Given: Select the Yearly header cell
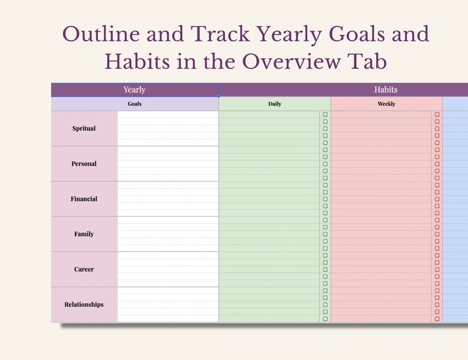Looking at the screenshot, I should pyautogui.click(x=134, y=90).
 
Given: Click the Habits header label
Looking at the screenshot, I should pyautogui.click(x=385, y=90).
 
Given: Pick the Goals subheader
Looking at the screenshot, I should pyautogui.click(x=134, y=104).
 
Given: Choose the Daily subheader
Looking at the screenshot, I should pyautogui.click(x=275, y=104).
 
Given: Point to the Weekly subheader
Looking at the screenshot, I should pyautogui.click(x=386, y=104).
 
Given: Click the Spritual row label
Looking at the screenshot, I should pyautogui.click(x=84, y=128).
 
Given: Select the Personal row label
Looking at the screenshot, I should pyautogui.click(x=84, y=164).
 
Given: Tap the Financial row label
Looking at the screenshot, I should pyautogui.click(x=84, y=199).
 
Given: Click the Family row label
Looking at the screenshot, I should pyautogui.click(x=84, y=234).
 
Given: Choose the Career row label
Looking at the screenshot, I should pyautogui.click(x=84, y=269).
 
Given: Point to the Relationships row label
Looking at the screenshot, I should pyautogui.click(x=84, y=305).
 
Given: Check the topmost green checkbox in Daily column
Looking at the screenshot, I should pyautogui.click(x=325, y=115).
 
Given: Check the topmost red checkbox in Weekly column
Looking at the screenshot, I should pyautogui.click(x=437, y=115).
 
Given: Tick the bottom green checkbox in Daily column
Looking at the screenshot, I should pyautogui.click(x=325, y=319).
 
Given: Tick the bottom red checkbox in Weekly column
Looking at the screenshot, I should pyautogui.click(x=437, y=319).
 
